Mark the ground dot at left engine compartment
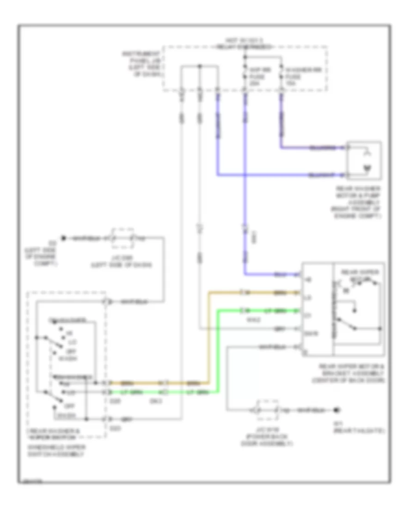(65, 238)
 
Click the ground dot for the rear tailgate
(337, 410)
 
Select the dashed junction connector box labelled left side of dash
(123, 238)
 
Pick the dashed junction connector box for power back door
(266, 410)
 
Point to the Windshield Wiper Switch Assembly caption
(57, 451)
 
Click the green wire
(218, 351)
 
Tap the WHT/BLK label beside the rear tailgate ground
(309, 410)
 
